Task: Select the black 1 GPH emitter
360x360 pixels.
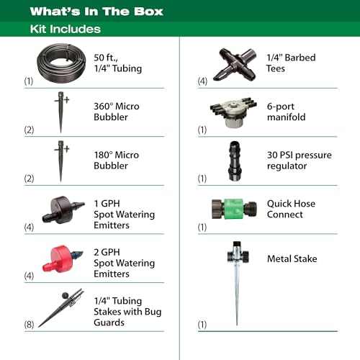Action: [x=62, y=210]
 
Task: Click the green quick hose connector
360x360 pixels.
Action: [x=234, y=209]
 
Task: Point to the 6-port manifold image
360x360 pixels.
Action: [x=233, y=112]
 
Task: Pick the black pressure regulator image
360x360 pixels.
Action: [x=235, y=161]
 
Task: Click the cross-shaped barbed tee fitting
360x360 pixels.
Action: [x=235, y=64]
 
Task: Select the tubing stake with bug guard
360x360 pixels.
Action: [x=61, y=307]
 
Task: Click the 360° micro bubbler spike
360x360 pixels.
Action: [x=61, y=112]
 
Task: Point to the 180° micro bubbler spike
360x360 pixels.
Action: [x=61, y=161]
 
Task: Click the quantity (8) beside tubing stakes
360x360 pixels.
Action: [x=29, y=325]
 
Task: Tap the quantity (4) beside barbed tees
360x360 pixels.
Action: [x=202, y=81]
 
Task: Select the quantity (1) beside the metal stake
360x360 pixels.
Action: [x=202, y=325]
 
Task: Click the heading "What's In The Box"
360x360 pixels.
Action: [x=96, y=12]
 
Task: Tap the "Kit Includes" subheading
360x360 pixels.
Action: [x=66, y=29]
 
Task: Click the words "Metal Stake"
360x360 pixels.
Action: [x=292, y=258]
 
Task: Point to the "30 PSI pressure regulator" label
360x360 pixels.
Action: [x=300, y=161]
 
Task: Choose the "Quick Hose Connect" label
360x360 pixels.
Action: [x=291, y=209]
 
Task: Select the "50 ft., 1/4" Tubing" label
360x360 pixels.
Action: [x=117, y=63]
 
